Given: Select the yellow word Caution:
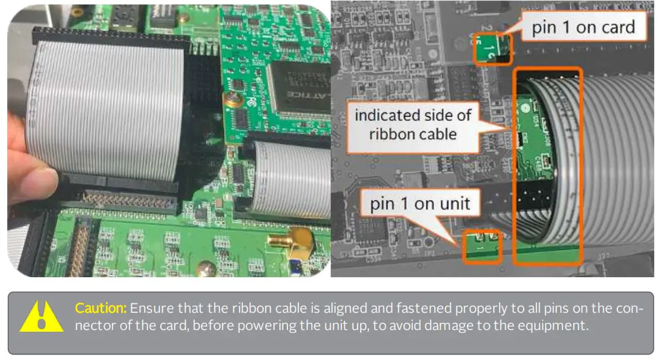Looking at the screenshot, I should [101, 308].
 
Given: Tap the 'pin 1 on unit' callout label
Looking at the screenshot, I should [420, 204].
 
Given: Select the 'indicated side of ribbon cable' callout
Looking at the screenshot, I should [413, 124].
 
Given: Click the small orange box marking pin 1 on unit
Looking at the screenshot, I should [482, 247].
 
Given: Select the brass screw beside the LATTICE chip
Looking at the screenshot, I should [230, 99].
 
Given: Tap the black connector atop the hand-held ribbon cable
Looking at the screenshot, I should [108, 36].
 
